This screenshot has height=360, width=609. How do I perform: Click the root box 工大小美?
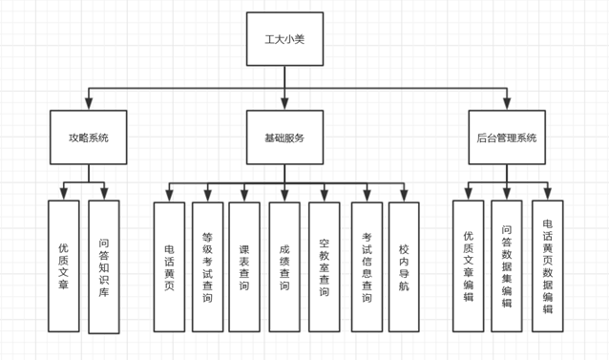tap(284, 39)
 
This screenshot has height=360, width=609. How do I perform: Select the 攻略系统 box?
tap(88, 138)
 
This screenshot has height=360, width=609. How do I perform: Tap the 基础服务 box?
tap(284, 138)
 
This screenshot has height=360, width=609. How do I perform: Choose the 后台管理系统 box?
tap(507, 138)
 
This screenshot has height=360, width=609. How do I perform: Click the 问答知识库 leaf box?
tap(104, 266)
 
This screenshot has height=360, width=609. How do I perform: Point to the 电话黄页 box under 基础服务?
tap(169, 266)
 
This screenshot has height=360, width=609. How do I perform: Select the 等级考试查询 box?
tap(207, 266)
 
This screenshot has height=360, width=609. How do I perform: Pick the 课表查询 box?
tap(244, 266)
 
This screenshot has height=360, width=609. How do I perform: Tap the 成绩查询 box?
tap(284, 266)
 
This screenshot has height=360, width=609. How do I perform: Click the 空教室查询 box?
tap(325, 266)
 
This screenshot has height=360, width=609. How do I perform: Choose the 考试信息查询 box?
tap(367, 266)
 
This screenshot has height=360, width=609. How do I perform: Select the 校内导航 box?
tap(404, 266)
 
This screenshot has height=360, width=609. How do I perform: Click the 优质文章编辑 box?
tap(468, 266)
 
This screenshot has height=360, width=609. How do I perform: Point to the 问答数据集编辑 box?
tap(507, 266)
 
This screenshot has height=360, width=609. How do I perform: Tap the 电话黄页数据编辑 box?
tap(547, 266)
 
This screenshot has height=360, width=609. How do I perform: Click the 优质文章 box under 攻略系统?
tap(64, 266)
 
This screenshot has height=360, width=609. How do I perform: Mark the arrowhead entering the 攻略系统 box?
tap(89, 104)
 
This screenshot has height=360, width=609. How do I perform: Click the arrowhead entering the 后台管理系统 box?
tap(507, 104)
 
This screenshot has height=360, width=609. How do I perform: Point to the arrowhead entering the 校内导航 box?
tap(404, 196)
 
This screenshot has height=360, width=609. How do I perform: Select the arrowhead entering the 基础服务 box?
tap(284, 104)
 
